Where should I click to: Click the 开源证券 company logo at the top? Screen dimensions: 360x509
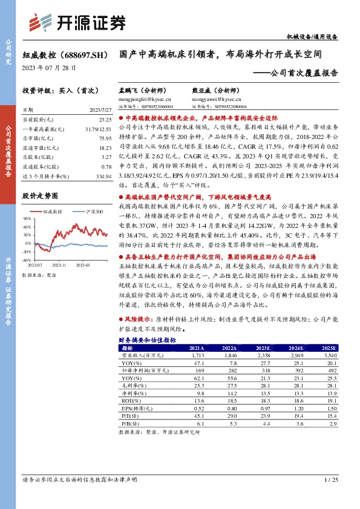pos(77,23)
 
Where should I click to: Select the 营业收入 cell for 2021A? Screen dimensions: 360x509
pos(198,356)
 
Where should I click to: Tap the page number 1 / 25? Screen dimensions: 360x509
pos(330,496)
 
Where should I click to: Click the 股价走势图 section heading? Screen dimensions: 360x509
pos(40,196)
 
